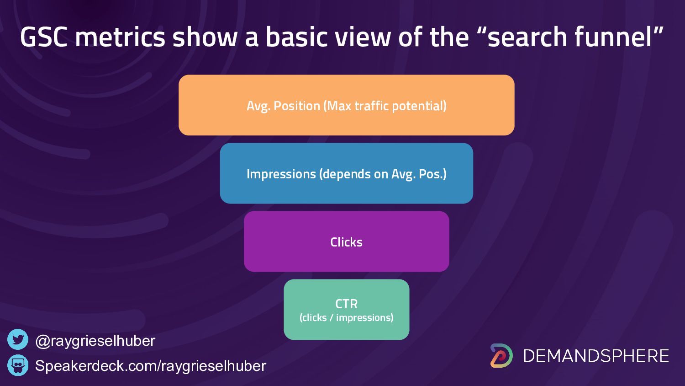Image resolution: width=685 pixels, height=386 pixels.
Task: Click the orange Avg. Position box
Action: tap(347, 105)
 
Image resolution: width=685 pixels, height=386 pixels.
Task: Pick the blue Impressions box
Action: tap(347, 173)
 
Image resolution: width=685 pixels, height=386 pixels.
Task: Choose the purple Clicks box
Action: tap(347, 241)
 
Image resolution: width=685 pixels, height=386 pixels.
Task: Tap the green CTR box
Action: tap(347, 310)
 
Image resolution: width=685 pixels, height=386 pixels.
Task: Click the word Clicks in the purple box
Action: tap(347, 242)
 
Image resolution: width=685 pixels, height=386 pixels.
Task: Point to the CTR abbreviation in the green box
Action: tap(347, 304)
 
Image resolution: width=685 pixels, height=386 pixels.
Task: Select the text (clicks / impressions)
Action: tap(347, 318)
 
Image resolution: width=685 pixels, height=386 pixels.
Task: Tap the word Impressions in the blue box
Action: tap(281, 174)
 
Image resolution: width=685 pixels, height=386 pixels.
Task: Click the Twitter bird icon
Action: tap(18, 339)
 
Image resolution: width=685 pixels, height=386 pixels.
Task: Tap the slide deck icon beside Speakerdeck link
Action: tap(18, 365)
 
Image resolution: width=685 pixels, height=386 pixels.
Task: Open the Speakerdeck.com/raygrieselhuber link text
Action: tap(151, 366)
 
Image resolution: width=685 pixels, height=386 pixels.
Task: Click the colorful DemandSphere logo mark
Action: tap(501, 356)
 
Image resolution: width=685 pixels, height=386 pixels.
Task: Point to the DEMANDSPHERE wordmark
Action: tap(596, 356)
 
